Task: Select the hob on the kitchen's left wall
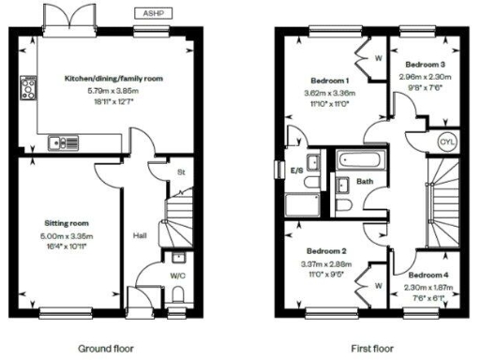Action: tap(24, 90)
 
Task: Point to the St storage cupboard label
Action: tap(180, 172)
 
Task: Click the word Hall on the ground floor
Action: tap(140, 235)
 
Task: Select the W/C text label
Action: tap(177, 276)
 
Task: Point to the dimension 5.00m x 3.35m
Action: tap(66, 234)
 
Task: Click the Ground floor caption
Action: tap(105, 348)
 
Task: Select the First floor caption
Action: tap(372, 348)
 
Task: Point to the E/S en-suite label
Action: tap(297, 171)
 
